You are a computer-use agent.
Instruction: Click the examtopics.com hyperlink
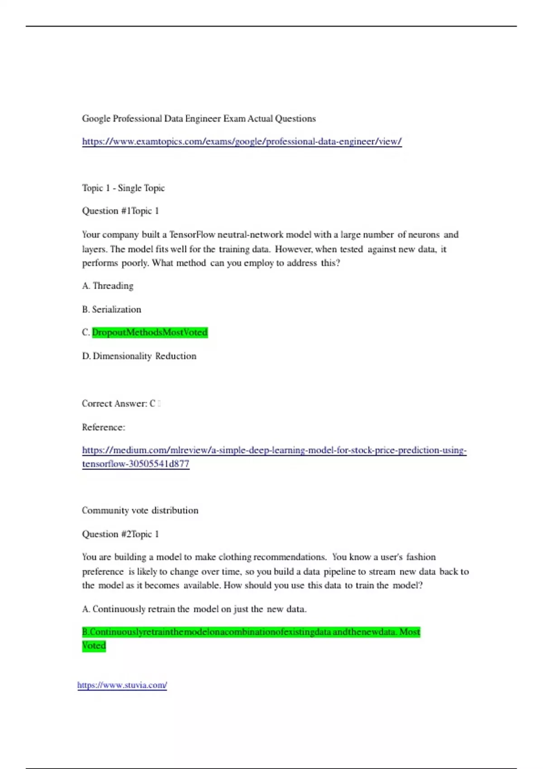(242, 142)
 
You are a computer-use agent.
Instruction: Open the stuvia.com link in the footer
(122, 685)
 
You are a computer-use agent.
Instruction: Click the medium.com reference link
(274, 450)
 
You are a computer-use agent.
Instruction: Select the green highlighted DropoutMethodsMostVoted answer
(150, 332)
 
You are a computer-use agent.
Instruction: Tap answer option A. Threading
(108, 286)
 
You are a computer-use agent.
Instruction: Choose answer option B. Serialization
(112, 309)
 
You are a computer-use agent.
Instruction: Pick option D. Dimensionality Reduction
(139, 356)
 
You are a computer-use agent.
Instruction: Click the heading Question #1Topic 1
(120, 211)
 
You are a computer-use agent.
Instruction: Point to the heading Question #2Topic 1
(120, 534)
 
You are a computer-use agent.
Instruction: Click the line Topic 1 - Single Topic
(123, 188)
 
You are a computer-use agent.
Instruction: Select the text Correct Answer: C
(119, 403)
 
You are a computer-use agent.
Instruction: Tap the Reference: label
(103, 427)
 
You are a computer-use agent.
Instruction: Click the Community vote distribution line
(140, 510)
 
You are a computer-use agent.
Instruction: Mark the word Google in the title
(96, 119)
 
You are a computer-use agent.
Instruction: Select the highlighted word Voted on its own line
(94, 646)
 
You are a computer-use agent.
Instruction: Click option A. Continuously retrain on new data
(194, 609)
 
